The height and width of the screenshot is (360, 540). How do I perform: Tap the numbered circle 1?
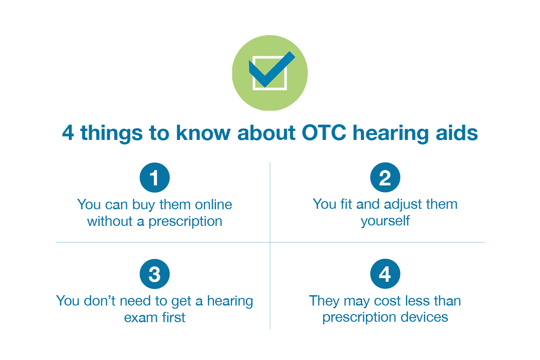(154, 178)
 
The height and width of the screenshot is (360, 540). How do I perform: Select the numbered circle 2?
(385, 178)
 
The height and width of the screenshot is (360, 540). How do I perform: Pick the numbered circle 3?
(154, 274)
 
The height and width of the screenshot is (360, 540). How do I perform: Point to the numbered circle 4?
(385, 274)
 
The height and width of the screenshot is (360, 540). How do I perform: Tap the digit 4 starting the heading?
(68, 134)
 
